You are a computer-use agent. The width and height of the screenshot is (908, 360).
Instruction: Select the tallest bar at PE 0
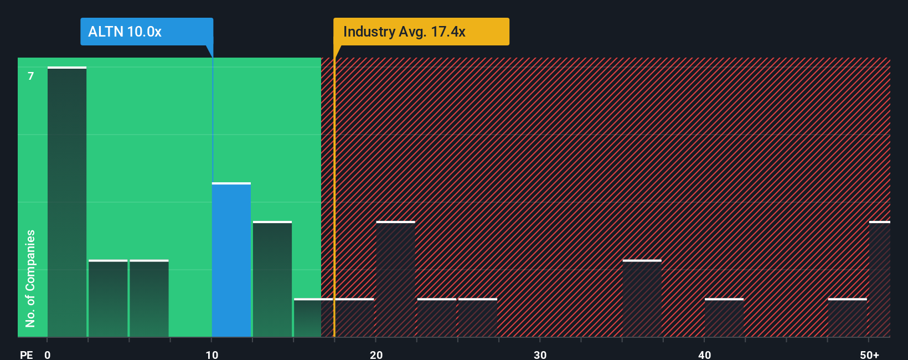pos(67,202)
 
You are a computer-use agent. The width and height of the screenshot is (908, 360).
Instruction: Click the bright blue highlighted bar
pos(231,260)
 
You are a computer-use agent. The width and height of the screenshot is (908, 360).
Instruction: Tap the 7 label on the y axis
pos(31,76)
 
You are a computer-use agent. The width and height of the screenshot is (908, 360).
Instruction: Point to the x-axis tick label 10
pos(211,354)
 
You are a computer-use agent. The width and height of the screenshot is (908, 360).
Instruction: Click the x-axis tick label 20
pos(376,354)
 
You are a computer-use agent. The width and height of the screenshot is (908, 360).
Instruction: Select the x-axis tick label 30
pos(540,354)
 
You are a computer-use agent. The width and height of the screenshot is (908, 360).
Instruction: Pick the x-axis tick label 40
pos(704,354)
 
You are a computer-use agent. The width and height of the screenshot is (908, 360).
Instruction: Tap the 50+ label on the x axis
pos(869,354)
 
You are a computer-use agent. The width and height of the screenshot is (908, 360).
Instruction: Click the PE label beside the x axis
pos(26,354)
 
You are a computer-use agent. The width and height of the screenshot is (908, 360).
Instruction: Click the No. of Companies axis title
pos(30,278)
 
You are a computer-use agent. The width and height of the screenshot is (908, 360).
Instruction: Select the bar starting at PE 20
pos(395,280)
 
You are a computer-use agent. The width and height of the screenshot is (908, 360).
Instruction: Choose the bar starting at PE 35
pos(642,299)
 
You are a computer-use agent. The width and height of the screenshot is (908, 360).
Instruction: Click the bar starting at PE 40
pos(724,318)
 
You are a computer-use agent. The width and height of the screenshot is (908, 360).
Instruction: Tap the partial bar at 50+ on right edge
pos(880,280)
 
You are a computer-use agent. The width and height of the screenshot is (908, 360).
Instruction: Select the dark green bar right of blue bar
pos(272,280)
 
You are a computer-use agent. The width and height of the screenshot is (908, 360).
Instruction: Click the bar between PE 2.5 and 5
pos(108,299)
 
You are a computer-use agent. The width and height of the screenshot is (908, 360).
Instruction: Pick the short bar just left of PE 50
pos(847,318)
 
